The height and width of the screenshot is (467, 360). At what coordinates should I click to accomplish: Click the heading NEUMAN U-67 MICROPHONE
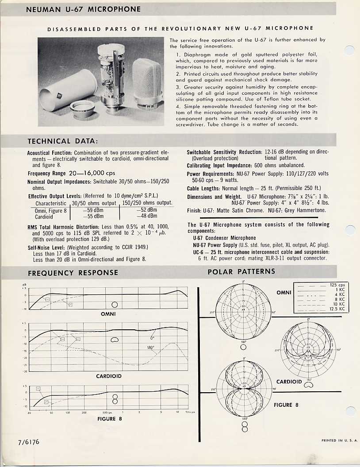click(83, 9)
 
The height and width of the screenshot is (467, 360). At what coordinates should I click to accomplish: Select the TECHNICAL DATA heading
click(63, 141)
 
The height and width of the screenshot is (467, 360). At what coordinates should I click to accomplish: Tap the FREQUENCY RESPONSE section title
click(73, 273)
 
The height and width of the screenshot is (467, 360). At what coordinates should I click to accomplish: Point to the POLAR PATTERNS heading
click(241, 271)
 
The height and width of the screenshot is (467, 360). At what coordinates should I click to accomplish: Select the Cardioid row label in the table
click(44, 217)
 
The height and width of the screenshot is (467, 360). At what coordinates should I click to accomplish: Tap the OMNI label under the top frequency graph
click(108, 314)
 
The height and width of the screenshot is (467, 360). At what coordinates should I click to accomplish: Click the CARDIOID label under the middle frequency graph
click(109, 376)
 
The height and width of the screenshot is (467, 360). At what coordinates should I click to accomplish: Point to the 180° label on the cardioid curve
click(150, 347)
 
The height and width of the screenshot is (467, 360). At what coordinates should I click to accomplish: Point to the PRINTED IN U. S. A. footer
click(340, 440)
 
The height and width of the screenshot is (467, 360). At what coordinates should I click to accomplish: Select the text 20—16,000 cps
click(92, 173)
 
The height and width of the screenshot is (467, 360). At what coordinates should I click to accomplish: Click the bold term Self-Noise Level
click(46, 247)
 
